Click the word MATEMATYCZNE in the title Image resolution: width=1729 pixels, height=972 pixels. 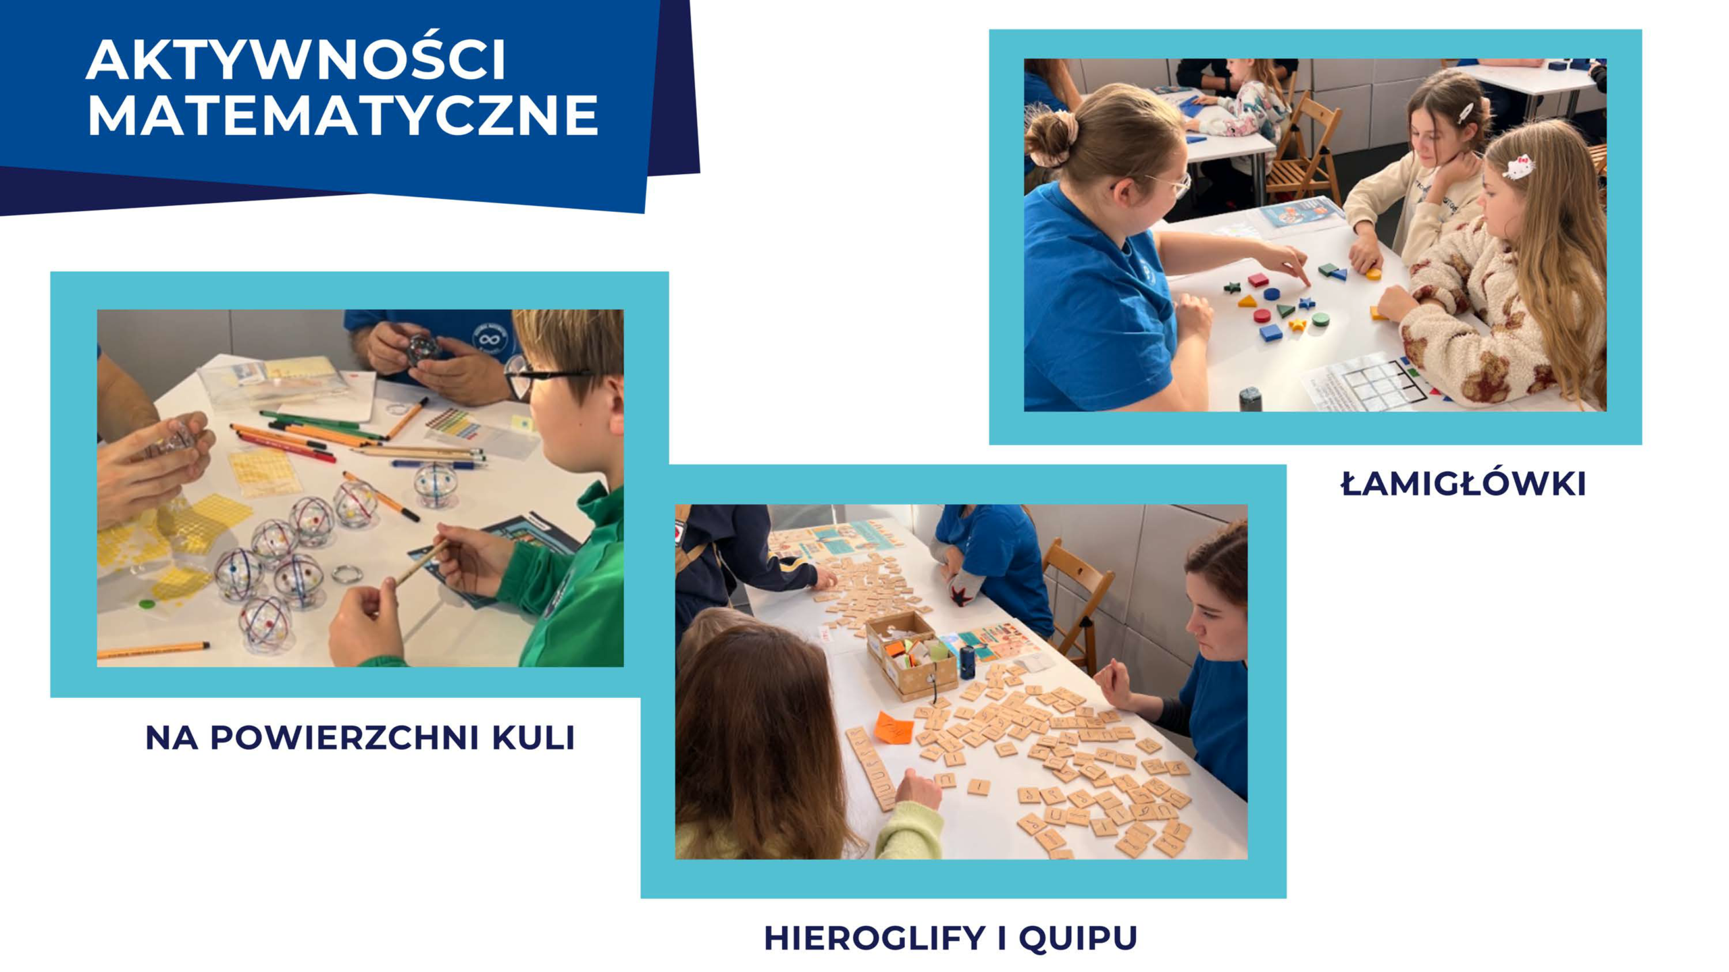click(343, 115)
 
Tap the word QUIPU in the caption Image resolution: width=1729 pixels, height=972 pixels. click(1078, 938)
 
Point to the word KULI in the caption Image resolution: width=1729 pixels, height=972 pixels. click(533, 738)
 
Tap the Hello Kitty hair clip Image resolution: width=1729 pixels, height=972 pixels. click(1518, 167)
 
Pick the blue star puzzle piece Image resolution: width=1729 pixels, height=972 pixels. click(1307, 303)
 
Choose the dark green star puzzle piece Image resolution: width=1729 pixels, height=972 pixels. click(1232, 288)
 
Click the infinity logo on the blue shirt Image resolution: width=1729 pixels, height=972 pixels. click(490, 338)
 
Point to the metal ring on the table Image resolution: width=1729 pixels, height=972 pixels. click(347, 574)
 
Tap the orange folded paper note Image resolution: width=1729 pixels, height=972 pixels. click(893, 728)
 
